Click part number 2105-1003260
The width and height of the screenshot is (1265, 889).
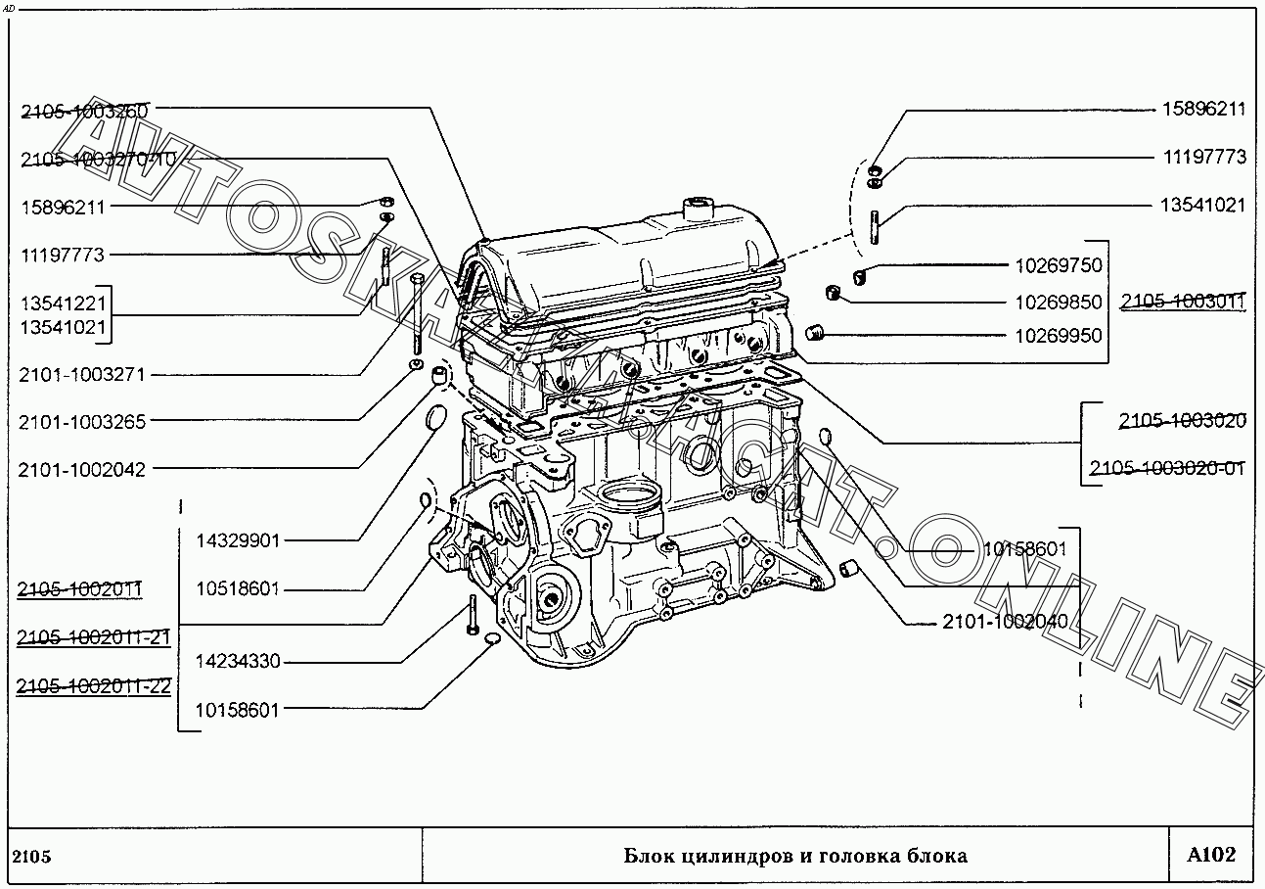[x=84, y=112]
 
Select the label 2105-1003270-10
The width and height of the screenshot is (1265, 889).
[x=97, y=160]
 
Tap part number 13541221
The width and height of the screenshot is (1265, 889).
[x=63, y=304]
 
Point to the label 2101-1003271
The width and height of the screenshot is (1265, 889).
[x=81, y=375]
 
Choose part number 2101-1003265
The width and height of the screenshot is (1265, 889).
[x=81, y=423]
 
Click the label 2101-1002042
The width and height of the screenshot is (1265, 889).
[x=81, y=470]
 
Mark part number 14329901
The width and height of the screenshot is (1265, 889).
[x=238, y=540]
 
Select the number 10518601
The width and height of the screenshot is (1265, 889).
[x=238, y=589]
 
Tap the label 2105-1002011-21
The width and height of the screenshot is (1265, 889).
[x=94, y=638]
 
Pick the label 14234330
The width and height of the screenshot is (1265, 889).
[x=238, y=662]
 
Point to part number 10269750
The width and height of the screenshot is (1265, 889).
[x=1058, y=265]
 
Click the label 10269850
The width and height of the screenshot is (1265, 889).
[x=1058, y=303]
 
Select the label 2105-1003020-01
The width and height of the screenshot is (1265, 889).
[x=1167, y=468]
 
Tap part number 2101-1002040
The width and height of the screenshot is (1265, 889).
[x=1005, y=622]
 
